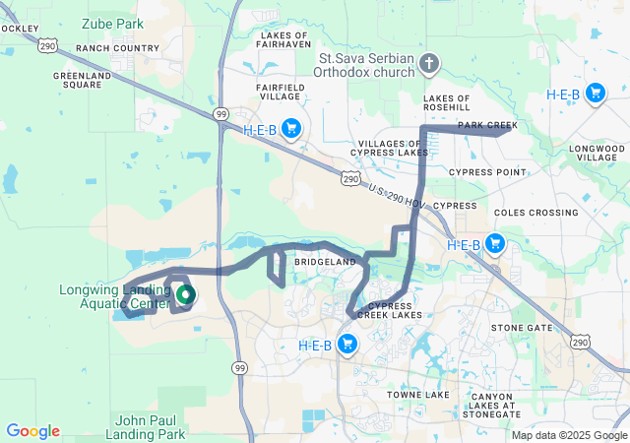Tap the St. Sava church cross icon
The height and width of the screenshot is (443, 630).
[427, 65]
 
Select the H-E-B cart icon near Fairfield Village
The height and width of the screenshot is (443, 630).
[290, 128]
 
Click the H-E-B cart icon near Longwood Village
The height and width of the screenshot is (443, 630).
[595, 94]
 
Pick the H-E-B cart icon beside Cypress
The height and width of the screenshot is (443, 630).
[494, 243]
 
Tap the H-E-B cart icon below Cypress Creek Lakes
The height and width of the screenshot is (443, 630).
[346, 344]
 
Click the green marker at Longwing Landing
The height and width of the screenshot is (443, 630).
[184, 293]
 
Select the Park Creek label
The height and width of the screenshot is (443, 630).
[486, 125]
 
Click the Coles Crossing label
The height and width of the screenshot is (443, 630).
[535, 213]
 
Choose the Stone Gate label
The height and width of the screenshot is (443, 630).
[522, 328]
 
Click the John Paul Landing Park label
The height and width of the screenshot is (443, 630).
[150, 426]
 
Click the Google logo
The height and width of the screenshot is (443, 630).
[32, 431]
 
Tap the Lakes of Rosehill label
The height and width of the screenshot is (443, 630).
[453, 104]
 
